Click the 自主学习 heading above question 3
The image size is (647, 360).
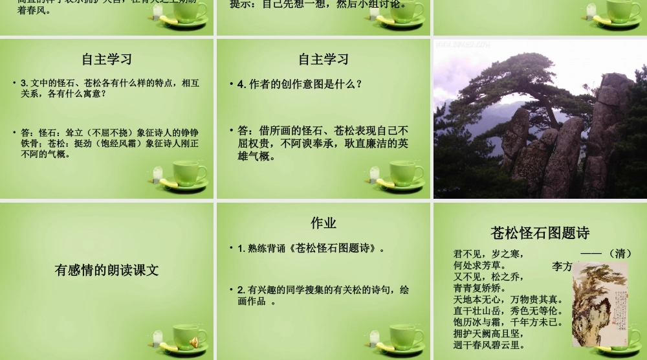(x=107, y=60)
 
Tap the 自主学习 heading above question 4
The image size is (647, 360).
(x=323, y=60)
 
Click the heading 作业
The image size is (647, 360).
(x=323, y=223)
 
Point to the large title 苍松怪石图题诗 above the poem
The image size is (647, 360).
(x=540, y=233)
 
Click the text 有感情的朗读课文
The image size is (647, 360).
(x=107, y=270)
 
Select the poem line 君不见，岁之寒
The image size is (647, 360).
(x=488, y=254)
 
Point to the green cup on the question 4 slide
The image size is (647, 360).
(x=406, y=174)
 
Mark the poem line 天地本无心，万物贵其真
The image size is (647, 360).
(x=508, y=299)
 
